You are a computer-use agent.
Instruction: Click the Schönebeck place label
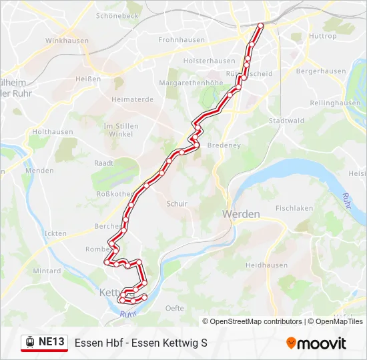117,14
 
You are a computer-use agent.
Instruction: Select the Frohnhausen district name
181,40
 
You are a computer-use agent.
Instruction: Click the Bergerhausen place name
321,71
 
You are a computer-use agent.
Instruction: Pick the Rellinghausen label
336,103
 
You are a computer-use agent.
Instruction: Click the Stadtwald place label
286,121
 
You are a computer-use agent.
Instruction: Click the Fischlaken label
294,208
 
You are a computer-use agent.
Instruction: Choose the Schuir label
177,204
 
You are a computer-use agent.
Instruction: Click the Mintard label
47,271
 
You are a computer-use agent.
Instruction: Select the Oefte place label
175,308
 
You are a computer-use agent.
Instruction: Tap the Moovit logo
316,343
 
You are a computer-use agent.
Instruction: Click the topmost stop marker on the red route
261,25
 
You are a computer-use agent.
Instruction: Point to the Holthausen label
53,132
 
